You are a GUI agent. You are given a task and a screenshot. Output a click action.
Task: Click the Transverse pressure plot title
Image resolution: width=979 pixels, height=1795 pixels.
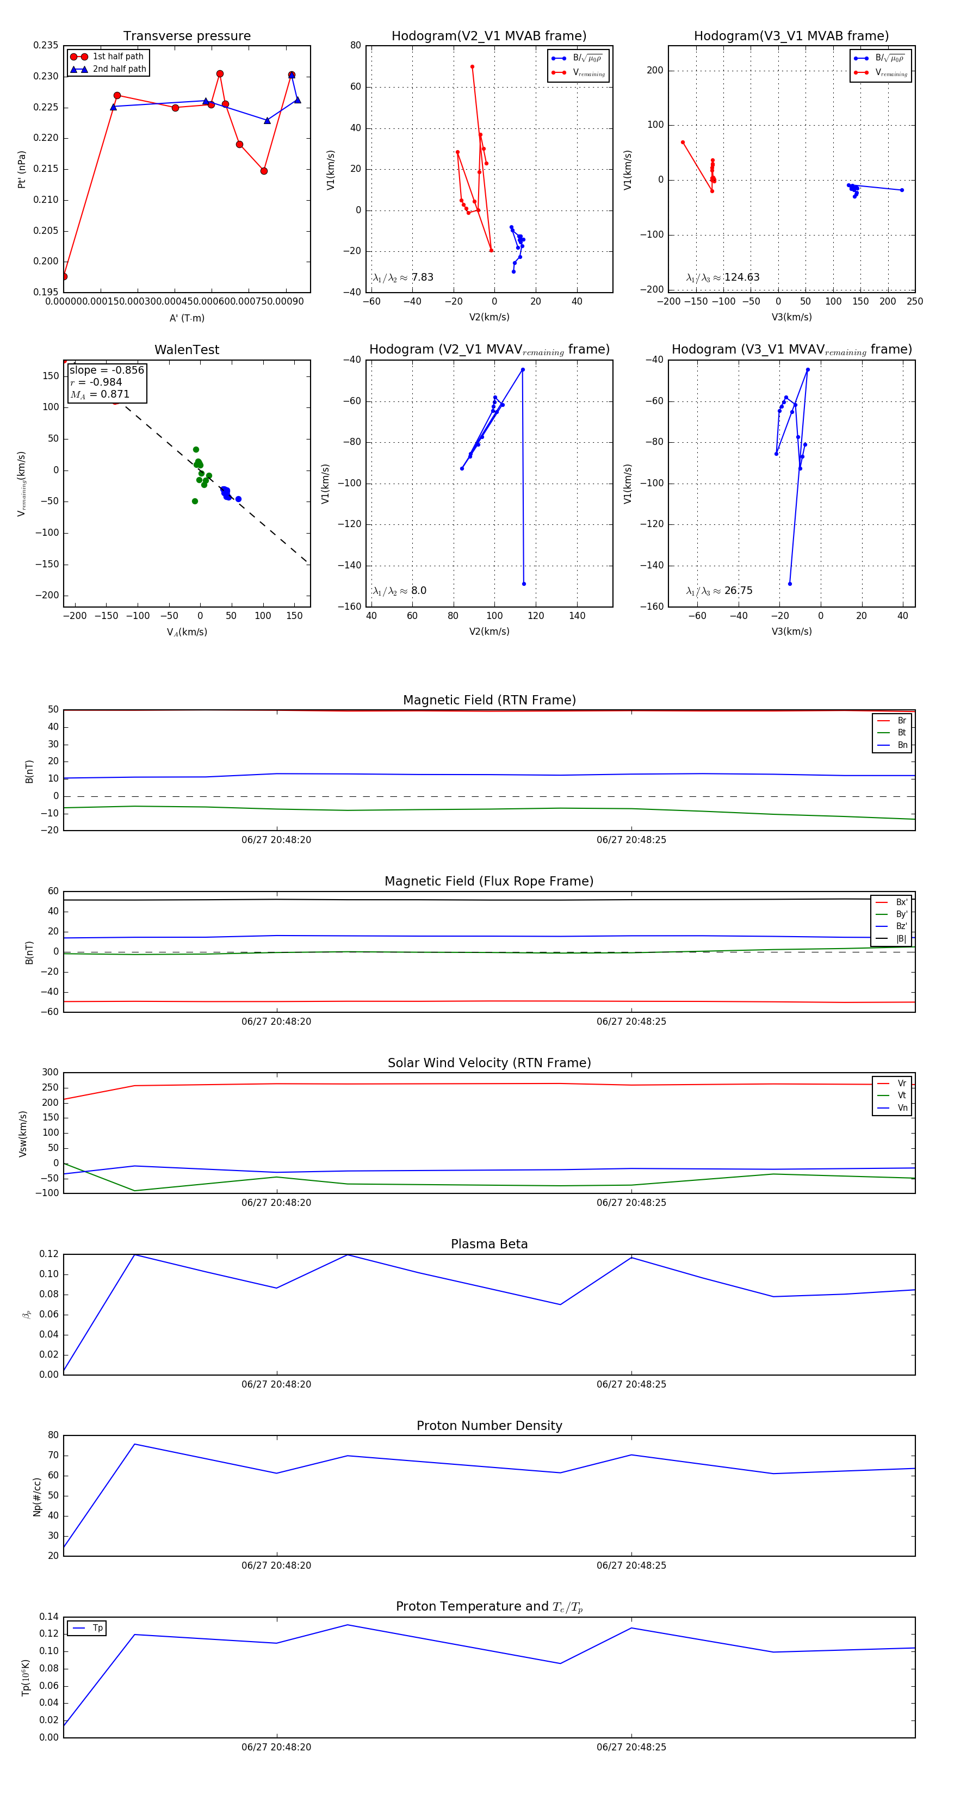(x=187, y=36)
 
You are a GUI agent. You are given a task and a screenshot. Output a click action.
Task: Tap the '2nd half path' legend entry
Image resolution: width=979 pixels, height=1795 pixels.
(x=119, y=69)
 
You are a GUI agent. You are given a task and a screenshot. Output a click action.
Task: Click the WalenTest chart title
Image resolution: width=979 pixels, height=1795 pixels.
(x=187, y=350)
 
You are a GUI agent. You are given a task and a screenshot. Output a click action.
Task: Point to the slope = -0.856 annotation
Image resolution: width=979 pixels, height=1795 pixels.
(x=107, y=370)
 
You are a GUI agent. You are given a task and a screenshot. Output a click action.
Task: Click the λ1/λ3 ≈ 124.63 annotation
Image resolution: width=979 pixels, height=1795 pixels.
(x=723, y=277)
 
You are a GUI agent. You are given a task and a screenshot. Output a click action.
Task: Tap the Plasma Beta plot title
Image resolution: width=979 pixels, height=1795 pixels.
(x=489, y=1244)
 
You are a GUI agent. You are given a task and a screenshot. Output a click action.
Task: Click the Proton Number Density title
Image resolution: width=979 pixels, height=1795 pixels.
(x=489, y=1426)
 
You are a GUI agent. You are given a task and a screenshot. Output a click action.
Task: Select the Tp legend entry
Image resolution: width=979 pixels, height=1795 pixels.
(x=97, y=1628)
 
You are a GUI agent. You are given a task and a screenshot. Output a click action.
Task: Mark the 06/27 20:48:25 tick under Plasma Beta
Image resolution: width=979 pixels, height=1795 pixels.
(x=630, y=1384)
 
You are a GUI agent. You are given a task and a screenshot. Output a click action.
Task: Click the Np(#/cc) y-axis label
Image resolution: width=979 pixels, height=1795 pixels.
(x=37, y=1497)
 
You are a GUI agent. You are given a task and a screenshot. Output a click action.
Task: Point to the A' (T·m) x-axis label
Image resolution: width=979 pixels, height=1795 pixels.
(x=187, y=318)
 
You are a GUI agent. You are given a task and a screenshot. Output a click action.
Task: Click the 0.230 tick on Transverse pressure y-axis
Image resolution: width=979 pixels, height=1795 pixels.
(x=46, y=77)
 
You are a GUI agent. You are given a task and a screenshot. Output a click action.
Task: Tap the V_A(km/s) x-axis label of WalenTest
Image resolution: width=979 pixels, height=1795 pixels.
(x=187, y=632)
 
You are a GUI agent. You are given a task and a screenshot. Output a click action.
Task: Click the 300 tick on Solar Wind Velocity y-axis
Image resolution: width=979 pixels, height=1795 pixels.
(x=50, y=1073)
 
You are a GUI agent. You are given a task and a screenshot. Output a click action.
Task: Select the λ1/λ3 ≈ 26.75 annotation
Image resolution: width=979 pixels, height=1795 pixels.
(x=719, y=591)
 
